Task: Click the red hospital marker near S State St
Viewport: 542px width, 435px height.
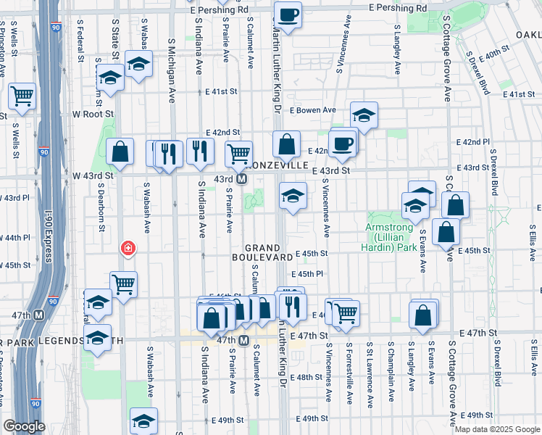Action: click(128, 249)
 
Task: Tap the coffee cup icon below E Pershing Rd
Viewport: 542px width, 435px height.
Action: click(288, 14)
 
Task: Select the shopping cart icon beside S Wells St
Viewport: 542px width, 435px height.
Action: click(22, 95)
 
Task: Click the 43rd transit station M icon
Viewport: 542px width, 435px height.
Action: click(242, 179)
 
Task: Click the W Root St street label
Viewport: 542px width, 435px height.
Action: click(93, 114)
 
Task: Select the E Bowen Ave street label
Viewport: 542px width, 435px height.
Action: click(313, 110)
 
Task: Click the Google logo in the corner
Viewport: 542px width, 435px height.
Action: click(23, 426)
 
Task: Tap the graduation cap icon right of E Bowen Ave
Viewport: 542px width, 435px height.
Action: click(364, 115)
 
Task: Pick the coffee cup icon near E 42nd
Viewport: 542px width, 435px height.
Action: click(343, 143)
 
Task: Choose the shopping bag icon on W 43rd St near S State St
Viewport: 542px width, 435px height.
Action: click(120, 152)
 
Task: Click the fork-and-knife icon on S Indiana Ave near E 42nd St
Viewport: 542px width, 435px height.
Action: click(200, 151)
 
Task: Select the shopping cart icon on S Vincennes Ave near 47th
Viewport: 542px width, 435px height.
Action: click(346, 313)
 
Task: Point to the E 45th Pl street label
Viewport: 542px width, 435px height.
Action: click(307, 275)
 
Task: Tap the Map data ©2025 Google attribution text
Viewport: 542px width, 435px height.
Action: click(497, 429)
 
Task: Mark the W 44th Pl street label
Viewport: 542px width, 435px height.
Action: click(16, 237)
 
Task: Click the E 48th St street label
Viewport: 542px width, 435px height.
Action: click(307, 378)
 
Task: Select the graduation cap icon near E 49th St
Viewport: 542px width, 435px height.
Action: click(143, 420)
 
